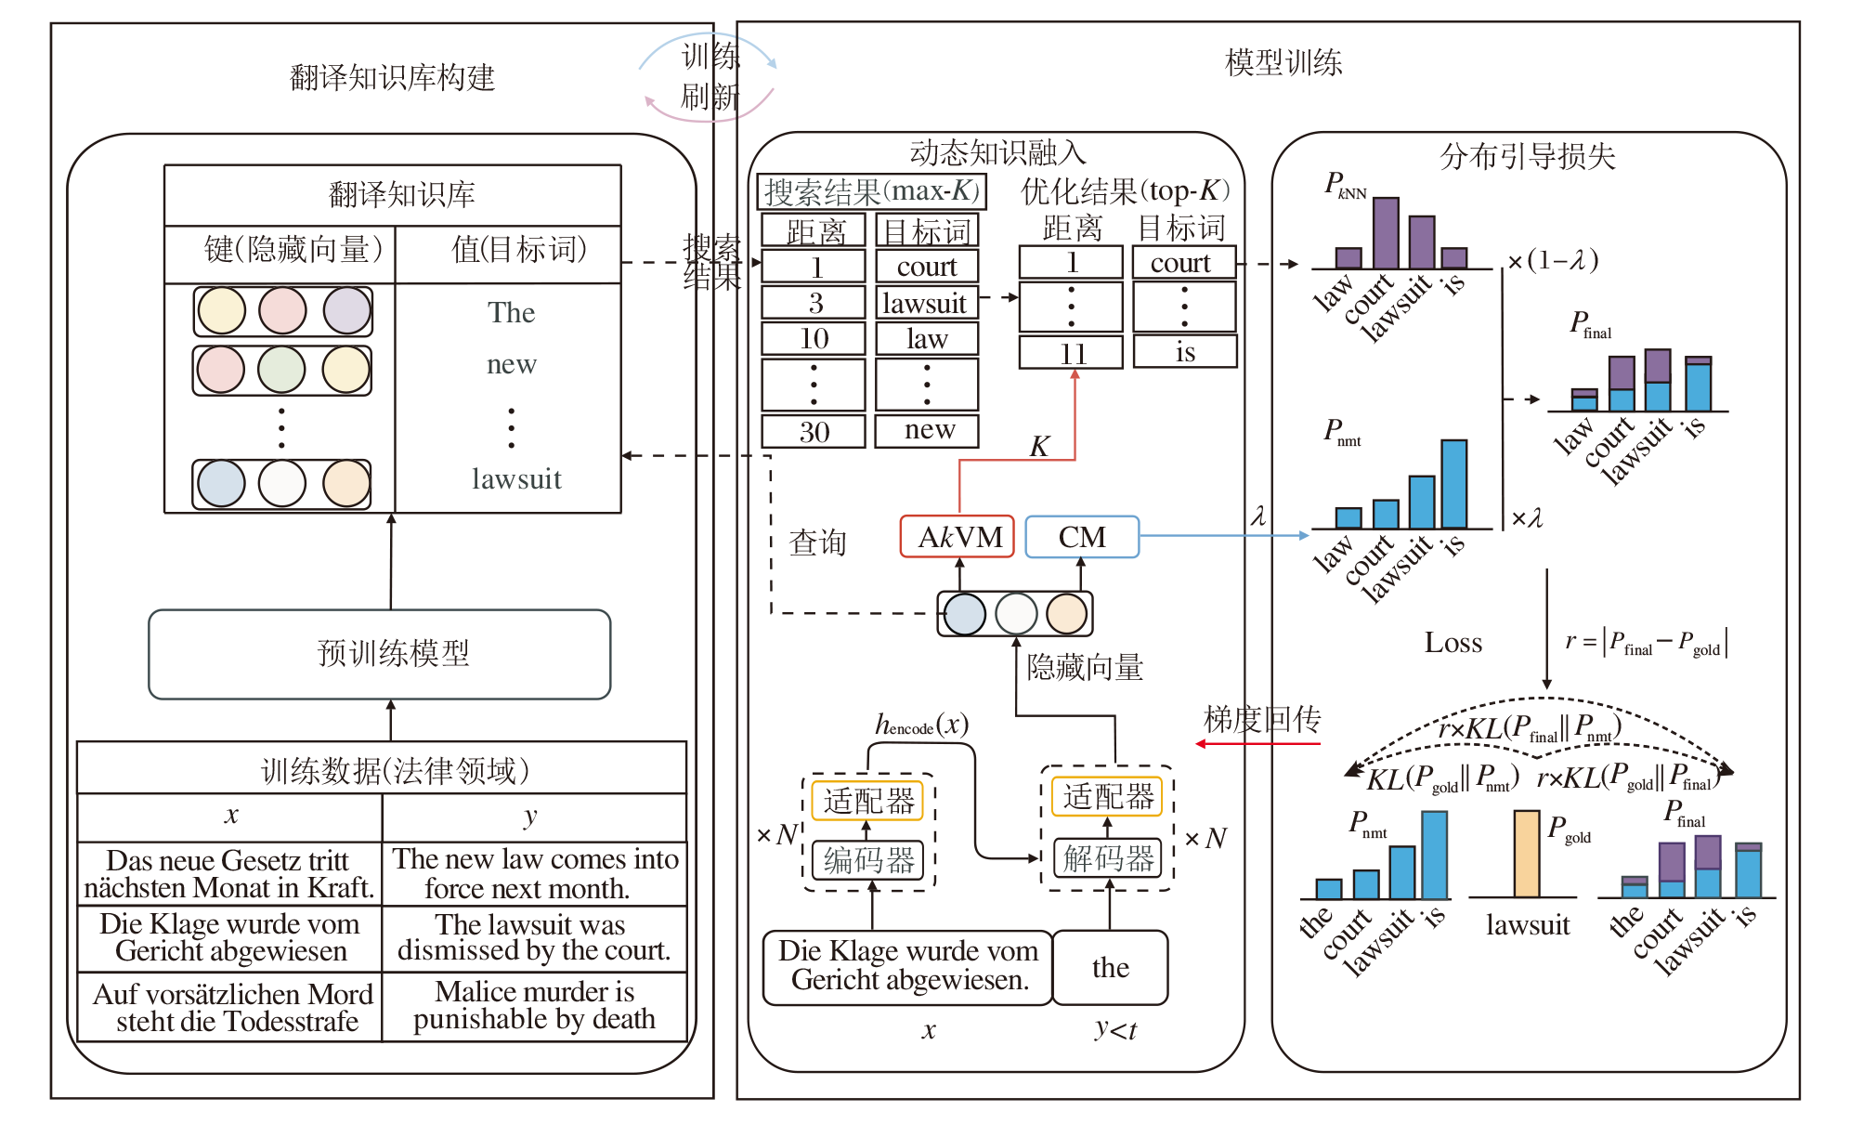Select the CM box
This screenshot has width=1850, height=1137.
(1082, 537)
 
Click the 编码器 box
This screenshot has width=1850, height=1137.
(868, 860)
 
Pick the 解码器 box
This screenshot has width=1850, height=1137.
(1108, 857)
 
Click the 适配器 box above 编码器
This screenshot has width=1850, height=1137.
(867, 801)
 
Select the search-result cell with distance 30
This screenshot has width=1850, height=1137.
(814, 432)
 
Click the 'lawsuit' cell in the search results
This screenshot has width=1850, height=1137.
(926, 303)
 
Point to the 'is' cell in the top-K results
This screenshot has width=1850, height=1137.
(1185, 352)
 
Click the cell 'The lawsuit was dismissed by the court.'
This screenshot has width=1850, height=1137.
(534, 937)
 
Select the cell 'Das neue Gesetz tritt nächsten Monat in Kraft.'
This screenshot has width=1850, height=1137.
(229, 874)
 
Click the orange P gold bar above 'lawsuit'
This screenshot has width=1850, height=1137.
(1526, 854)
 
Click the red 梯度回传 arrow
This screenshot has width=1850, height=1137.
(1257, 744)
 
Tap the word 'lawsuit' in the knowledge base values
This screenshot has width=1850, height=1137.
(516, 479)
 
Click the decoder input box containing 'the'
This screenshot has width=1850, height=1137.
(1110, 968)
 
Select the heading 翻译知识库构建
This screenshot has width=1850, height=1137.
(392, 77)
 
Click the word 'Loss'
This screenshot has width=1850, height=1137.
(1453, 643)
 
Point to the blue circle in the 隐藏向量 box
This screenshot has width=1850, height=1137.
(965, 614)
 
